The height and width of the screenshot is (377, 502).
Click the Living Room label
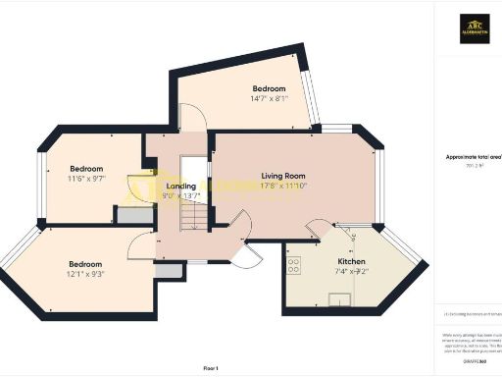point(283,176)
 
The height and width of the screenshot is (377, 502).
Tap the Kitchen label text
point(351,262)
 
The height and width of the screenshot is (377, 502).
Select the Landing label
point(181,186)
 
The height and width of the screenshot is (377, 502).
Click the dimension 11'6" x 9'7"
point(85,180)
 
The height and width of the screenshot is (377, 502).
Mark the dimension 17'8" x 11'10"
point(284,186)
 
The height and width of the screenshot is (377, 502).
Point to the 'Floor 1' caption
point(210,367)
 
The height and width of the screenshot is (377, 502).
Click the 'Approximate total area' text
point(473,157)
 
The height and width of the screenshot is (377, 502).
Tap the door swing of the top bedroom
point(194,118)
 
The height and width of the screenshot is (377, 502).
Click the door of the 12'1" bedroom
point(143,245)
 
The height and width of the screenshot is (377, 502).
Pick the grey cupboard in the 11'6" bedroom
point(128,215)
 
